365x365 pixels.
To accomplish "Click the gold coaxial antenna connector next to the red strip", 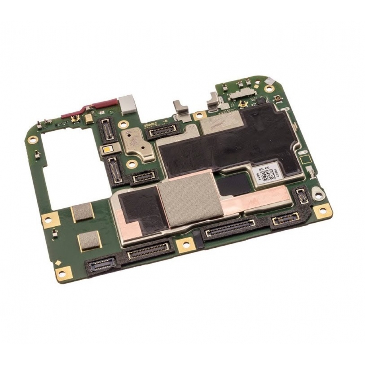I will (x=76, y=118).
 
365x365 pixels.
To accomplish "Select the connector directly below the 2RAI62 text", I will (x=161, y=131).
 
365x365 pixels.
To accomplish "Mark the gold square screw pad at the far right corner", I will (x=322, y=211).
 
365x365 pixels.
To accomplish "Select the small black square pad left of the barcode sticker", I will (x=234, y=184).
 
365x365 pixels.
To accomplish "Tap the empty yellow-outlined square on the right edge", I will (x=304, y=160).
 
